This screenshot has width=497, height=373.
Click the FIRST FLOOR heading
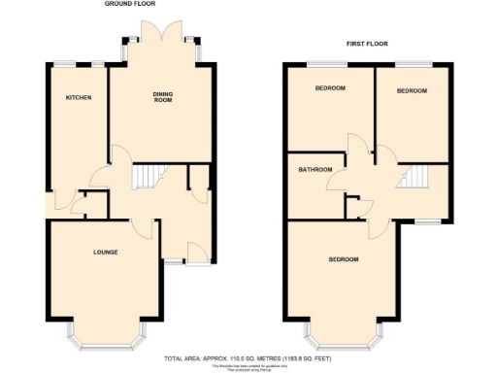point(367,44)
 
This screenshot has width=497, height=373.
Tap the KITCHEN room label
point(79,98)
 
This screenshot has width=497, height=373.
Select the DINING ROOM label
point(162,97)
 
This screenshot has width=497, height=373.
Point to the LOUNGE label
point(105,253)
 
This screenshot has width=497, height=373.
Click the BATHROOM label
point(315,170)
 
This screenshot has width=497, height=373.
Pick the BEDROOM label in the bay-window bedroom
point(343,259)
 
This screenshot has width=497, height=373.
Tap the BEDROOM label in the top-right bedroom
point(412,90)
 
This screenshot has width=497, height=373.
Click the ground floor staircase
point(145,177)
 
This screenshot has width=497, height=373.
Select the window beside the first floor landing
point(428,223)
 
